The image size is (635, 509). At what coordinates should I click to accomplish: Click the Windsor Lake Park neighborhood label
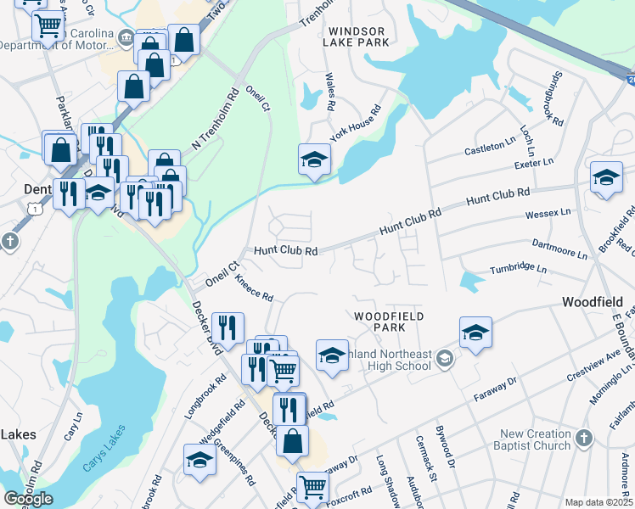pyautogui.click(x=357, y=36)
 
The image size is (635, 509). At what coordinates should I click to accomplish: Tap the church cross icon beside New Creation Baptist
pyautogui.click(x=582, y=439)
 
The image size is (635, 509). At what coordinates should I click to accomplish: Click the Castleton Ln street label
pyautogui.click(x=489, y=150)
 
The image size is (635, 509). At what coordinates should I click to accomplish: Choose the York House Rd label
pyautogui.click(x=356, y=124)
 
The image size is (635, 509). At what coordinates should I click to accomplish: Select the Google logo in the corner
pyautogui.click(x=29, y=499)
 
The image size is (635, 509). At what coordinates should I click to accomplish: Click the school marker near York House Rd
pyautogui.click(x=313, y=160)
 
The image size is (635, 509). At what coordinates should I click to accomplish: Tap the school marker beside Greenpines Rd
pyautogui.click(x=199, y=461)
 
